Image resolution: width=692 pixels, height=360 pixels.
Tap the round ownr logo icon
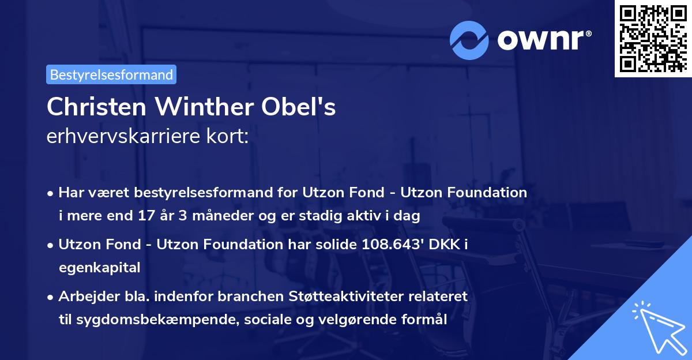click(468, 40)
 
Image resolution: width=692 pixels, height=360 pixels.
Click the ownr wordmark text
click(544, 40)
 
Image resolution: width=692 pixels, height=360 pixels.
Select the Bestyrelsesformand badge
click(111, 74)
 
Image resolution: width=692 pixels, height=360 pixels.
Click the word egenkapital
click(99, 268)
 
